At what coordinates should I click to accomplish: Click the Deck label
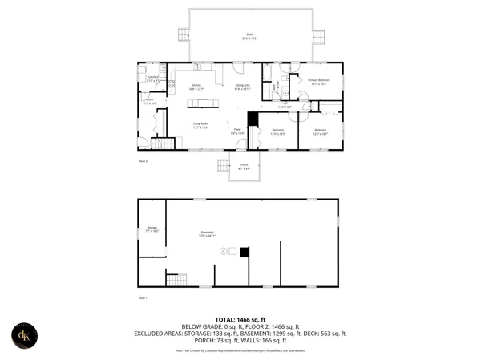[249, 35]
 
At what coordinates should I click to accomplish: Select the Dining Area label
[242, 87]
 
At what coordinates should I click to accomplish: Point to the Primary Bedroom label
[319, 81]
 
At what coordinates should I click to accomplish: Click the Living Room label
[201, 124]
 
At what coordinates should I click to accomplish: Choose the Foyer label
[237, 131]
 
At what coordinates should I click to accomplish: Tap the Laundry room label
[152, 79]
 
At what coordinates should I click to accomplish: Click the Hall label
[283, 104]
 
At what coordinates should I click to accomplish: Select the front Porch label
[245, 168]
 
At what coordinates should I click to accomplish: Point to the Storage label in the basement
[152, 229]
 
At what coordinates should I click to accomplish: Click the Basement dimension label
[208, 235]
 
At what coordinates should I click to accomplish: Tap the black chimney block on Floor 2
[253, 119]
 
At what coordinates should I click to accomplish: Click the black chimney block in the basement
[245, 252]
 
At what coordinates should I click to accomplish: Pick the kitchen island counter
[204, 102]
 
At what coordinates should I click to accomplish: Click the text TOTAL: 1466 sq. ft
[240, 319]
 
